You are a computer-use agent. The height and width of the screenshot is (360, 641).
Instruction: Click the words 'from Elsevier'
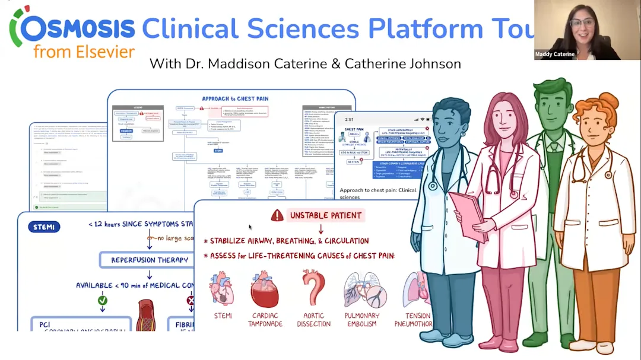(x=84, y=52)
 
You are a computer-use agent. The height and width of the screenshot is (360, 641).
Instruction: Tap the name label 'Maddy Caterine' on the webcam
(x=554, y=54)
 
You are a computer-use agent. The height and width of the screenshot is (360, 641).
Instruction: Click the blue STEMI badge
(x=44, y=227)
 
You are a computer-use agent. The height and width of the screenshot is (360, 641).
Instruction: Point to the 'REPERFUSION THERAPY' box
(x=150, y=260)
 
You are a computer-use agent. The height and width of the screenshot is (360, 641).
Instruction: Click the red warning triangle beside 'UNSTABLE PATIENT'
(x=277, y=215)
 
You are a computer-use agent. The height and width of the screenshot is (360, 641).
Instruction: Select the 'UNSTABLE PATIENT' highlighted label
(x=325, y=215)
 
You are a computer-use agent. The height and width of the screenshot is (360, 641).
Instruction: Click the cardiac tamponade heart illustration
(x=265, y=289)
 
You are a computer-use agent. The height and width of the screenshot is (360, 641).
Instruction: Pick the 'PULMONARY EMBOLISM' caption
(x=362, y=320)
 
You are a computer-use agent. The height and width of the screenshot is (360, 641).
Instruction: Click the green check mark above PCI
(x=102, y=301)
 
